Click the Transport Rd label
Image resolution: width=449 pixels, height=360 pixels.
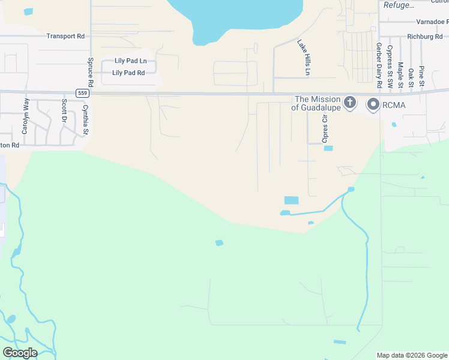click(x=65, y=36)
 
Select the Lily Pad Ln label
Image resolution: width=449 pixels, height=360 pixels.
click(x=131, y=61)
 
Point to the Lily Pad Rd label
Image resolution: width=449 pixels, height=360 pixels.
click(x=128, y=73)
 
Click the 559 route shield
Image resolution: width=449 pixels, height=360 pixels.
click(x=82, y=93)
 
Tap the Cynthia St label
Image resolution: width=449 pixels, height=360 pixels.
click(x=86, y=120)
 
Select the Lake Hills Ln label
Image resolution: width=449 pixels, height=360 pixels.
click(x=304, y=58)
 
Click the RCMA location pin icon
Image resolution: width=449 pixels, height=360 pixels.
click(x=373, y=105)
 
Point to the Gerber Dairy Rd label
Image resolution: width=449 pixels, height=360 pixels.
click(x=379, y=65)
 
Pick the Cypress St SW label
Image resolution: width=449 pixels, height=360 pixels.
click(x=390, y=67)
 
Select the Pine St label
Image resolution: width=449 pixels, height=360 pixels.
click(x=421, y=76)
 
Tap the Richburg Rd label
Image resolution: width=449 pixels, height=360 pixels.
click(x=424, y=37)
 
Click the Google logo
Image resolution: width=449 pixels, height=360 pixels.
click(x=20, y=353)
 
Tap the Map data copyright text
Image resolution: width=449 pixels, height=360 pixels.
click(x=411, y=355)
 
